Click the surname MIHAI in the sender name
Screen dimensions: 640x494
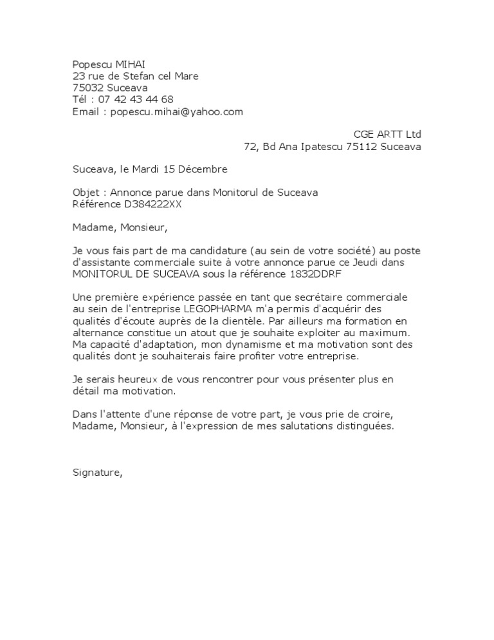[131, 64]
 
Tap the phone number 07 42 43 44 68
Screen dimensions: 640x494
[136, 99]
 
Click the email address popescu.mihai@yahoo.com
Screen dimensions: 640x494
[177, 111]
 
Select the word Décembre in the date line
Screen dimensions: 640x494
[203, 169]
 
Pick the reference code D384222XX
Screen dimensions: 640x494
[150, 204]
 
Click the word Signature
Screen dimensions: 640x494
[96, 473]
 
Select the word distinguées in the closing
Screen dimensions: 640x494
[363, 426]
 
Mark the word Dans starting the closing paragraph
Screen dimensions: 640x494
[84, 415]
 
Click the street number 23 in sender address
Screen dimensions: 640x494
[78, 76]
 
